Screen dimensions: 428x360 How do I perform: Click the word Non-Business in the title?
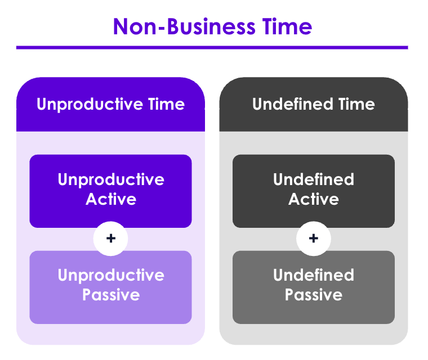[x=184, y=27]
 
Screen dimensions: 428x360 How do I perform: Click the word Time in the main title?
[x=287, y=26]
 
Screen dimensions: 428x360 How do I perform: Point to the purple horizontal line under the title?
[x=212, y=47]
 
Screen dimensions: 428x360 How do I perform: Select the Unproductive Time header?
[x=110, y=105]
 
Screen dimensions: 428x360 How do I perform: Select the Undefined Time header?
[x=314, y=105]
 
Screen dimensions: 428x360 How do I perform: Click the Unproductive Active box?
[x=110, y=191]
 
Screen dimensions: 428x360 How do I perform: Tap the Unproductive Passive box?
[x=110, y=287]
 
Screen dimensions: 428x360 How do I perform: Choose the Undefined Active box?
[x=314, y=191]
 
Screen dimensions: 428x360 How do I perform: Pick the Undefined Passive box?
[x=314, y=287]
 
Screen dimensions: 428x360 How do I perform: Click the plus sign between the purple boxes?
[x=111, y=238]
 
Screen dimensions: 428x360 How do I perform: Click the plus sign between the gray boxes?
[x=314, y=238]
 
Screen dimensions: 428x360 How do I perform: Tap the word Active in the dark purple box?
[x=111, y=199]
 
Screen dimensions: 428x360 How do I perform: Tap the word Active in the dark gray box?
[x=314, y=199]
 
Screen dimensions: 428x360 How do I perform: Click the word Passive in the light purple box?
[x=111, y=295]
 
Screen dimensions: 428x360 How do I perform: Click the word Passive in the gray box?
[x=314, y=295]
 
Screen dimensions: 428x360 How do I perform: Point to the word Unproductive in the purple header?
[x=90, y=105]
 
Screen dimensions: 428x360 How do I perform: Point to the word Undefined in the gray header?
[x=293, y=104]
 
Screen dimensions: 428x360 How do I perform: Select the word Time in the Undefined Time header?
[x=356, y=104]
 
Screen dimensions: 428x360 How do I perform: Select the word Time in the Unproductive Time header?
[x=167, y=104]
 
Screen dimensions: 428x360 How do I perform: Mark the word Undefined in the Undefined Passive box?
[x=314, y=275]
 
